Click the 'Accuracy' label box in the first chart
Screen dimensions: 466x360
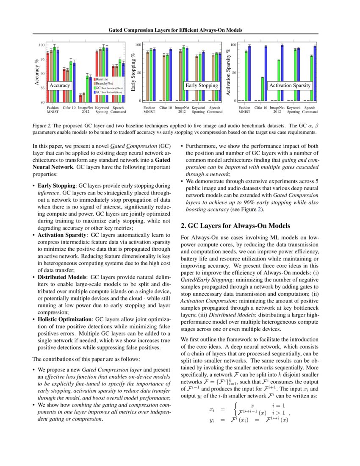click(x=60, y=86)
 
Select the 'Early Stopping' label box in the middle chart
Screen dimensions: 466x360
click(x=202, y=86)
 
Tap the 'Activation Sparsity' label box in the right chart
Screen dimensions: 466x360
click(x=290, y=86)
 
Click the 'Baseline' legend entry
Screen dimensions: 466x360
click(x=102, y=79)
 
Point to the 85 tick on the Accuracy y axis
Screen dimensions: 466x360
click(x=42, y=88)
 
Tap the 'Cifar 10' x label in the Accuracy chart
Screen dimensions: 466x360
click(x=69, y=108)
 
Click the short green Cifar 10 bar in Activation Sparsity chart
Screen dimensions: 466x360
click(x=263, y=89)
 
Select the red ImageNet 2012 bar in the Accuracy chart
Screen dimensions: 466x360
click(x=80, y=98)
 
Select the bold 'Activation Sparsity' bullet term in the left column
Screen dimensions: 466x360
click(x=62, y=234)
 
